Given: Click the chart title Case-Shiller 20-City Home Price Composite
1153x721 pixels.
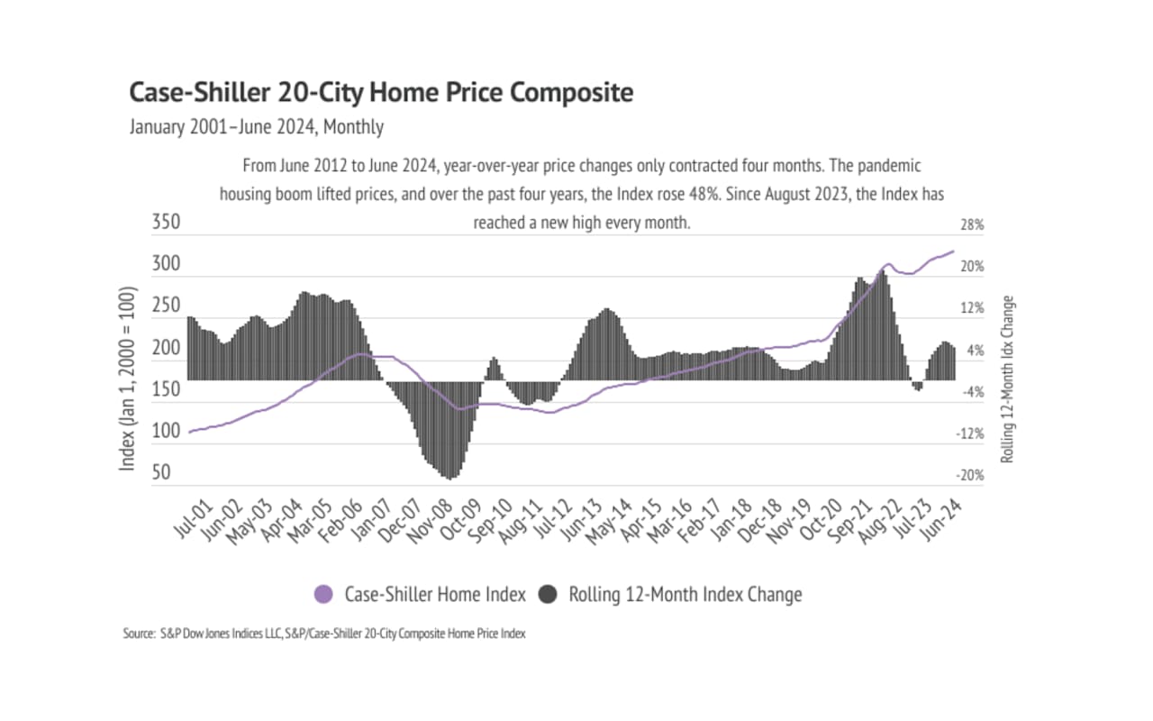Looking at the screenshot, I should click(x=382, y=93).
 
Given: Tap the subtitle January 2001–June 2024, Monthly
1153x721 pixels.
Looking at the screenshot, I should click(x=257, y=127).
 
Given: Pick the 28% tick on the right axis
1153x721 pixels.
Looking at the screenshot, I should click(x=972, y=225).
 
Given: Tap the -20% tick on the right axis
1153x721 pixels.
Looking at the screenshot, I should click(x=970, y=476).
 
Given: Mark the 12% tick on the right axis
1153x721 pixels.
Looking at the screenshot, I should click(x=972, y=309).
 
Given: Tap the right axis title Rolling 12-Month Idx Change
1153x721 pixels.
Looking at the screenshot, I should click(x=1008, y=379).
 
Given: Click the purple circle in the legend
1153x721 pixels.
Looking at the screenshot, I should click(x=323, y=595).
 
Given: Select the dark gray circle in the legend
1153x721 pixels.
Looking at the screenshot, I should click(x=548, y=595).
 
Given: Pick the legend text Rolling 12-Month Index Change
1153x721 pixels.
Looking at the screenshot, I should click(x=685, y=595).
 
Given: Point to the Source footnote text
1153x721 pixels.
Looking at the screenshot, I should click(x=324, y=634).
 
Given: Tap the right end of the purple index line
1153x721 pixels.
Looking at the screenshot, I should click(x=953, y=251).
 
